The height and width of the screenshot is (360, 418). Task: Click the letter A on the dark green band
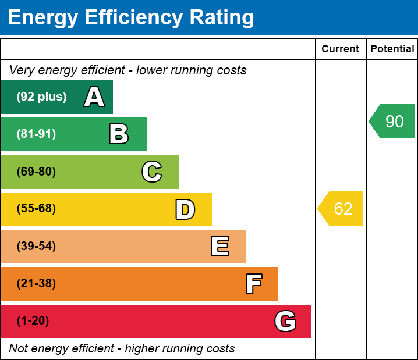[x=94, y=97]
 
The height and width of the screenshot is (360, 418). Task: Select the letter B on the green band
[x=119, y=134]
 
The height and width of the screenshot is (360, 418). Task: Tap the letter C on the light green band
[x=152, y=172]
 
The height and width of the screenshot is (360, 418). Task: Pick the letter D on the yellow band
[x=185, y=209]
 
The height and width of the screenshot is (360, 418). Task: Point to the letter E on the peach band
[x=219, y=247]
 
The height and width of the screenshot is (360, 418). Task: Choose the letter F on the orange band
[x=253, y=284]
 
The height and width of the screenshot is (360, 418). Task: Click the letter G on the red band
[x=285, y=321]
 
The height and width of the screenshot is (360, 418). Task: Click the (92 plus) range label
[x=41, y=97]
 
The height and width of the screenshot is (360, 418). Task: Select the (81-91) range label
[x=36, y=134]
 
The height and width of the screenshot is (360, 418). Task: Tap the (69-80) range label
[x=36, y=172]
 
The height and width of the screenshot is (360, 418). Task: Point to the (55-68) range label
[x=36, y=209]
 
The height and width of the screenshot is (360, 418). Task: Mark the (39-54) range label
[x=36, y=247]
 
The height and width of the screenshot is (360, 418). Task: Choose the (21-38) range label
[x=36, y=284]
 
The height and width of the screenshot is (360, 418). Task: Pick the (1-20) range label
[x=33, y=321]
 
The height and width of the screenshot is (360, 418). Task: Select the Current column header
[x=341, y=49]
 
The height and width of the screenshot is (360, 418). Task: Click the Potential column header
[x=392, y=49]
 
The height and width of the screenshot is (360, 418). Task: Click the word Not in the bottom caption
[x=18, y=349]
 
